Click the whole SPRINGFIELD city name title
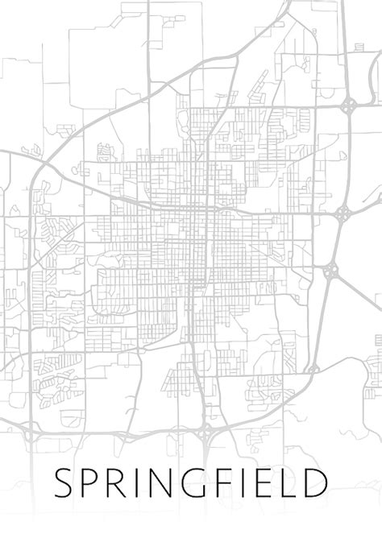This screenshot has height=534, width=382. click(x=191, y=483)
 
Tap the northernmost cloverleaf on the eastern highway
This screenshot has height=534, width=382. click(x=348, y=106)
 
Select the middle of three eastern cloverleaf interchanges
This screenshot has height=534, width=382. click(x=343, y=213)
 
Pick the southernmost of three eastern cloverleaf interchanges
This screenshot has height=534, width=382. click(x=330, y=272)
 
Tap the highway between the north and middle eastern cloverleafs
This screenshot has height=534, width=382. click(x=347, y=161)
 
